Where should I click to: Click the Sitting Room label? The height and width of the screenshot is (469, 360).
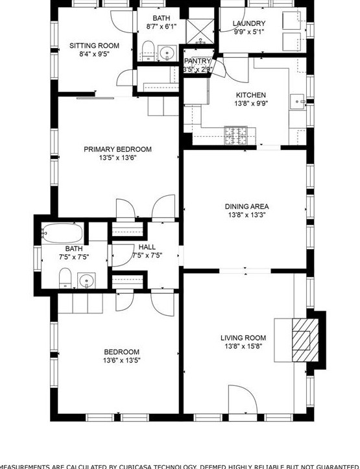pyautogui.click(x=94, y=45)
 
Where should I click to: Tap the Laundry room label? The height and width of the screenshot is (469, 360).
pyautogui.click(x=249, y=24)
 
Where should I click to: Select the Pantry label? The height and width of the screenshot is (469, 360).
pyautogui.click(x=197, y=61)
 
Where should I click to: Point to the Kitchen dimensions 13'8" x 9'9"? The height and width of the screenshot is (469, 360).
pyautogui.click(x=251, y=103)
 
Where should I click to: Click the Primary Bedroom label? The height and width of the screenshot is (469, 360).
pyautogui.click(x=117, y=149)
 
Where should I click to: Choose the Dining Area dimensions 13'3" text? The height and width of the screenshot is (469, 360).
pyautogui.click(x=246, y=215)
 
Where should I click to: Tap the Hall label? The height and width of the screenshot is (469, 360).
pyautogui.click(x=147, y=247)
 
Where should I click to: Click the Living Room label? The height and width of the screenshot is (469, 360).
pyautogui.click(x=243, y=338)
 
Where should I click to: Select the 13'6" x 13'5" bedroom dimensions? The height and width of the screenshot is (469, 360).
pyautogui.click(x=121, y=361)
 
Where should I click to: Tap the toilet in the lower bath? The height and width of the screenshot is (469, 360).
pyautogui.click(x=64, y=279)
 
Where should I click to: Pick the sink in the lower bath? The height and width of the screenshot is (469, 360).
pyautogui.click(x=86, y=281)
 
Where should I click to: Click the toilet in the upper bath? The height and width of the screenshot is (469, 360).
pyautogui.click(x=147, y=50)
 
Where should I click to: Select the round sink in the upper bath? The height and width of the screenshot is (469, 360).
pyautogui.click(x=167, y=53)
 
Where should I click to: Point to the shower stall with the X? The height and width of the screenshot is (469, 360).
pyautogui.click(x=200, y=30)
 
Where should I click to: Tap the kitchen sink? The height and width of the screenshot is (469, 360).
pyautogui.click(x=298, y=102)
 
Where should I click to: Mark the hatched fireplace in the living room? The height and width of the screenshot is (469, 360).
pyautogui.click(x=302, y=339)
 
